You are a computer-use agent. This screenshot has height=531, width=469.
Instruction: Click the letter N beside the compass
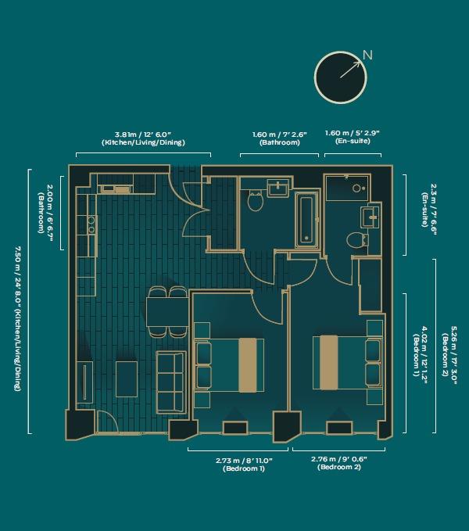point(367,55)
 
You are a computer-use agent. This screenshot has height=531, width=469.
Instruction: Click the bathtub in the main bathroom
point(306,219)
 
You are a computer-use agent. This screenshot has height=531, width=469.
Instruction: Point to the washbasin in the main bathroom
point(277,188)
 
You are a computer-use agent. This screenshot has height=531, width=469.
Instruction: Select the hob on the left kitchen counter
point(91,225)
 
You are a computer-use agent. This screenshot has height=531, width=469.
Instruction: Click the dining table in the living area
point(167,311)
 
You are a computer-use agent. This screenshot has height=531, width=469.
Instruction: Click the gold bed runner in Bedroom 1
point(248,364)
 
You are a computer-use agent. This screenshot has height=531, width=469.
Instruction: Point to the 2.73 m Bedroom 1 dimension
point(239,464)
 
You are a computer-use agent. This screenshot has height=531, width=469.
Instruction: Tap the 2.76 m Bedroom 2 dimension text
point(339,463)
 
